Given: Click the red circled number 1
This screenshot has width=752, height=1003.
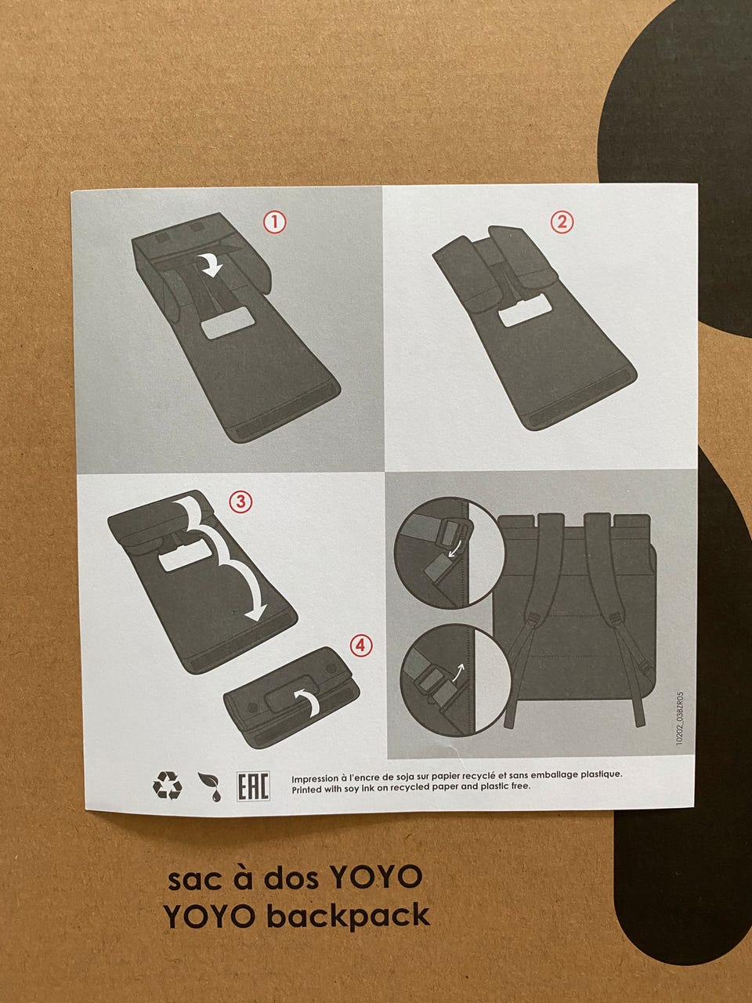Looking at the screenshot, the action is pos(274,222).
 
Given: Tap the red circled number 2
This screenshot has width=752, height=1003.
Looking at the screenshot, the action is pos(562,222).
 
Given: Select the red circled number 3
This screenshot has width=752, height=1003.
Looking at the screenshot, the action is pos(240,501).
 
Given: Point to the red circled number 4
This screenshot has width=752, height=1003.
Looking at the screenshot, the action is pos(361,645).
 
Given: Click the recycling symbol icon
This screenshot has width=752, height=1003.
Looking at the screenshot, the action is pos(167,785).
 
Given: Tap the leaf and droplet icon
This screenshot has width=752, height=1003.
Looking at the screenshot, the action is pos(210,787).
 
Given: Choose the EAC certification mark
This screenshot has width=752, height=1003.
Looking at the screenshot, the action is pos(253,786).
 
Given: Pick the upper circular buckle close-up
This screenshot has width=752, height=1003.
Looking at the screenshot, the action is pos(450,553).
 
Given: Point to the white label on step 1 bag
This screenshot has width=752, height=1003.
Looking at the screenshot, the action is pos(228,323).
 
